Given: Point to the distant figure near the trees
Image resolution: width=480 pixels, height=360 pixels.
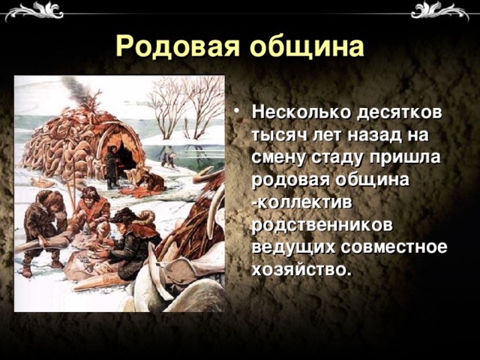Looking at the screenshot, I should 169,158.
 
